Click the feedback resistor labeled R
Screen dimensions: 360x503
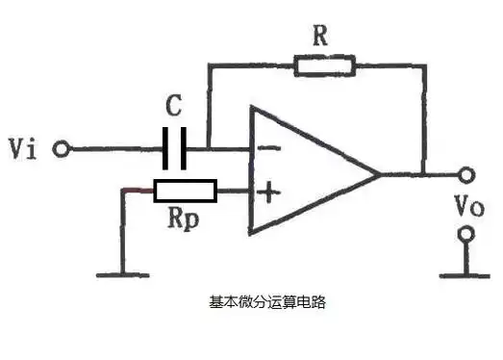click(x=324, y=65)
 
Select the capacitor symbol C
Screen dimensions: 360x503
click(x=175, y=149)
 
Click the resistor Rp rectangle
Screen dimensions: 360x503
click(x=185, y=192)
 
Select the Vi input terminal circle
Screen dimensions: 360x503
click(x=62, y=149)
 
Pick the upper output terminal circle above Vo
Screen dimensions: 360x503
click(x=467, y=175)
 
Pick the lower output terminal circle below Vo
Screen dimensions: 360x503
click(x=467, y=234)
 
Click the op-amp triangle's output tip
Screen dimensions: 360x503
click(x=381, y=174)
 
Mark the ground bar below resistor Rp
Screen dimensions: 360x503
click(x=122, y=274)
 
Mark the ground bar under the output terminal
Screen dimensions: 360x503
click(x=467, y=273)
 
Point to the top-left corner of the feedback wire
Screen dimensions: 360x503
click(x=209, y=66)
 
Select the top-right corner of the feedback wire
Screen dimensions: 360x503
click(x=423, y=66)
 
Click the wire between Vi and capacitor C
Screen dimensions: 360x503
click(x=115, y=149)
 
